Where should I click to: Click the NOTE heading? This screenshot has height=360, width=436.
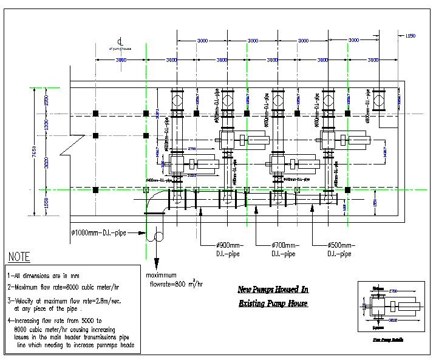tap(19, 257)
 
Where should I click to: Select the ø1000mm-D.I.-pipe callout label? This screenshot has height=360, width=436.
tap(99, 233)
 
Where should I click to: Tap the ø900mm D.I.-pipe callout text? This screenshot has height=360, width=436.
tap(217, 249)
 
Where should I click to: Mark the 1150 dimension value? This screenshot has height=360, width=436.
tap(410, 36)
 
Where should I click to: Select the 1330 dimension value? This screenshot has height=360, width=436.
tap(46, 124)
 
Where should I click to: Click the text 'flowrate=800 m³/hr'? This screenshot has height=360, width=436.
tap(176, 283)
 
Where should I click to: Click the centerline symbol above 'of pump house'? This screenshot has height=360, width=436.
tap(121, 40)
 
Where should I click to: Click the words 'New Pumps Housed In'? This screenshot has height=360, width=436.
tap(273, 290)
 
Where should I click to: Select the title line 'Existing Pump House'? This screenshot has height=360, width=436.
tap(273, 303)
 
